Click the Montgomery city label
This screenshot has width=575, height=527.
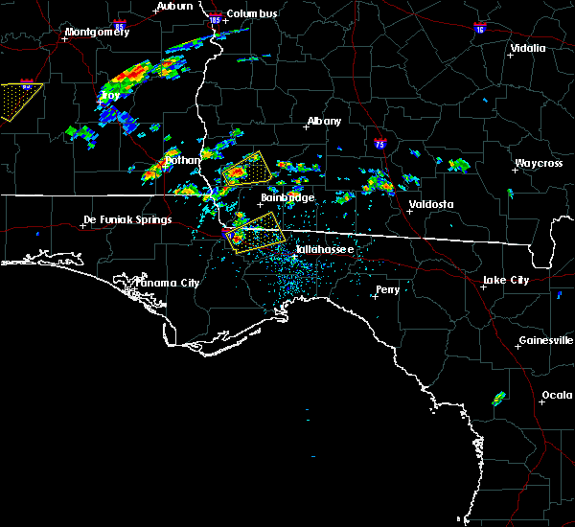click(x=96, y=32)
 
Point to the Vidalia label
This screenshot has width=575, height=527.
click(x=527, y=48)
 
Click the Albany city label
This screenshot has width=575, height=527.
click(x=323, y=122)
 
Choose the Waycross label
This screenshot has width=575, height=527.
click(x=537, y=163)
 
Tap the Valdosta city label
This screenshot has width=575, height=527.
click(x=430, y=204)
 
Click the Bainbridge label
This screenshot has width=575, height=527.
click(x=287, y=197)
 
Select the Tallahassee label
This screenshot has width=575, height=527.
click(x=324, y=249)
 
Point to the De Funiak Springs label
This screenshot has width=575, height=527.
click(x=127, y=219)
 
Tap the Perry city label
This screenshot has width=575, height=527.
click(x=387, y=288)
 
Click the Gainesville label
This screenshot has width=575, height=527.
click(x=545, y=340)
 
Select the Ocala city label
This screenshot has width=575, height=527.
click(x=556, y=395)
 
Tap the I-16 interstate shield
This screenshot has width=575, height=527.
click(x=478, y=30)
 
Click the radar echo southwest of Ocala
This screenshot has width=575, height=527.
click(x=499, y=398)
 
